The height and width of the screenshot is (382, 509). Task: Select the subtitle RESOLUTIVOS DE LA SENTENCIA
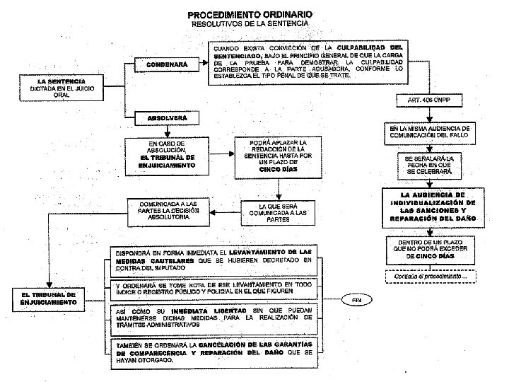(x=250, y=23)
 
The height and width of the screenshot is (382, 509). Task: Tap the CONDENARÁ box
(x=167, y=65)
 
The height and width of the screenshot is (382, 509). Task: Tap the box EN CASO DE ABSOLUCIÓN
(x=167, y=156)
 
